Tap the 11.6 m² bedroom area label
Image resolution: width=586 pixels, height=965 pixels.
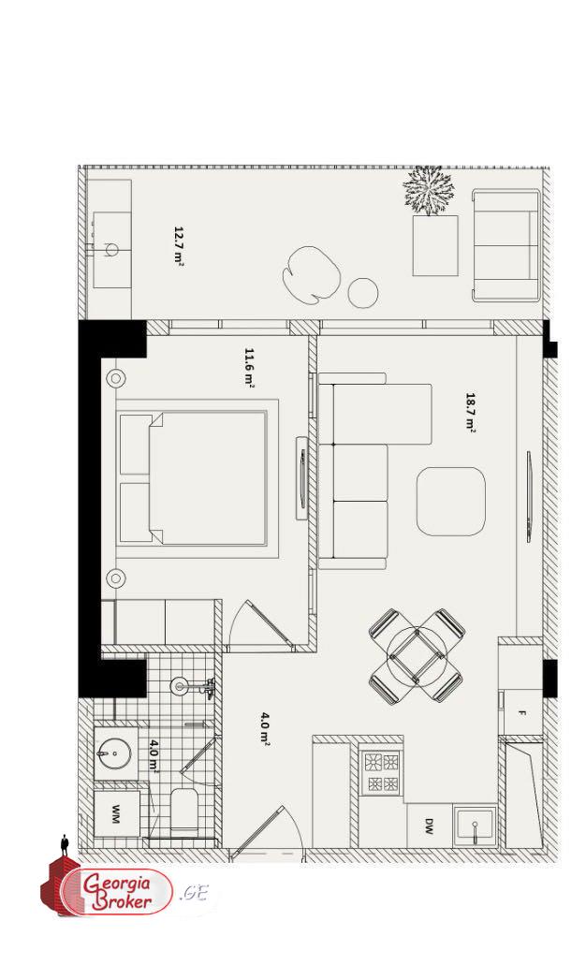(x=249, y=367)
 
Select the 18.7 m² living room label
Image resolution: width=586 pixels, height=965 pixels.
(x=471, y=412)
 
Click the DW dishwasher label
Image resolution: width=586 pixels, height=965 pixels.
(x=429, y=826)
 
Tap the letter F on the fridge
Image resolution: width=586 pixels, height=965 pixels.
(x=522, y=713)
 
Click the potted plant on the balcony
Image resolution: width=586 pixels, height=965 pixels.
(x=429, y=191)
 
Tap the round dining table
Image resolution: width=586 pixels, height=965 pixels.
(x=416, y=655)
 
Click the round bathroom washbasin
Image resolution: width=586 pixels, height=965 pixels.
(x=116, y=753)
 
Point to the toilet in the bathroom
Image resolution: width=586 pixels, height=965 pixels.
(x=184, y=809)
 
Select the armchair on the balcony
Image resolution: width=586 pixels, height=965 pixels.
(x=505, y=245)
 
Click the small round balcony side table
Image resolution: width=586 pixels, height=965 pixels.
(x=362, y=293)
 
